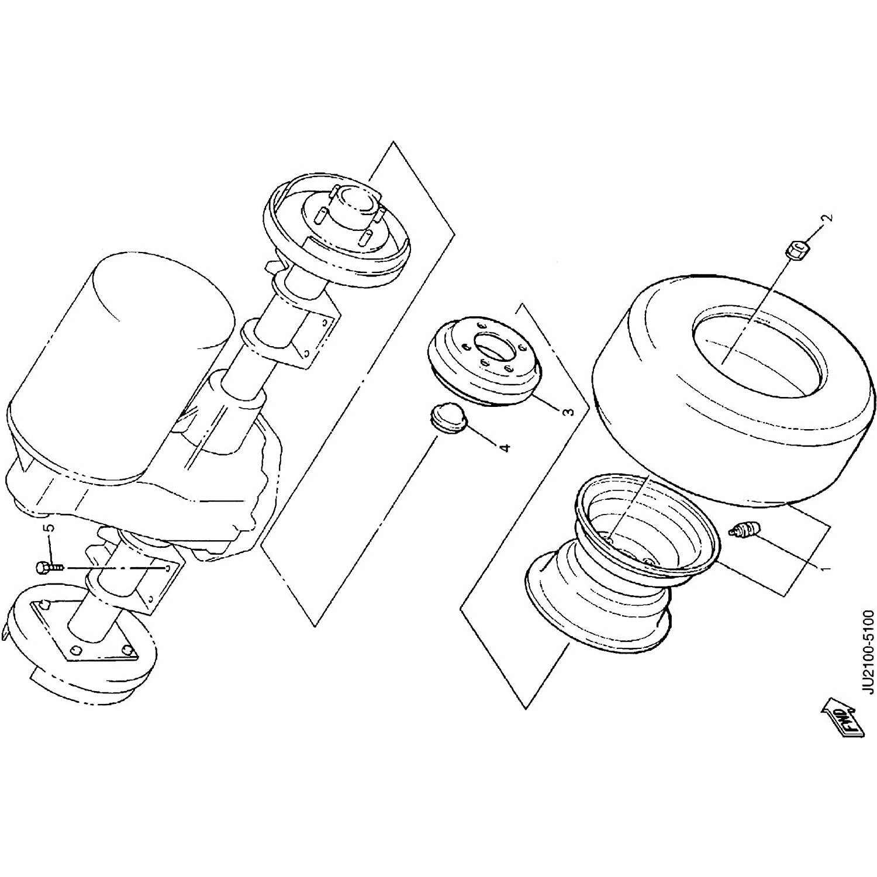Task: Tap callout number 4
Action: [x=504, y=447]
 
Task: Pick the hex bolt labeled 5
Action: [x=49, y=567]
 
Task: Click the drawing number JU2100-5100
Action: [x=868, y=652]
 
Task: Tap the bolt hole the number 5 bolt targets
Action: [x=168, y=568]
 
